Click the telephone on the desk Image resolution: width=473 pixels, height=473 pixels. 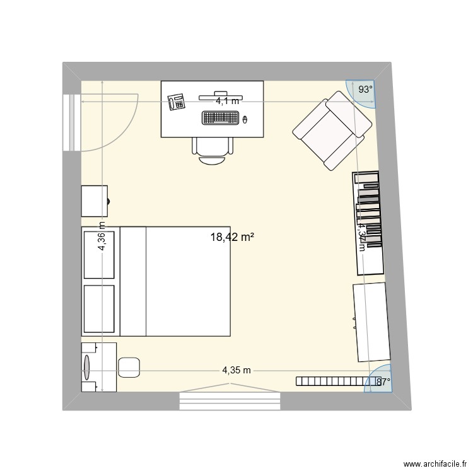176,101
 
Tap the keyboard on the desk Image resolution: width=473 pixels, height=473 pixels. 221,117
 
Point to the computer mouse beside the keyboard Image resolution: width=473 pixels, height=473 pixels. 245,118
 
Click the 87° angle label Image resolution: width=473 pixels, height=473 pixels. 383,381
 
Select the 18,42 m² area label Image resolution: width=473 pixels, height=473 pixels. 232,237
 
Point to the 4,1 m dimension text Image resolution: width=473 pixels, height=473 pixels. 228,100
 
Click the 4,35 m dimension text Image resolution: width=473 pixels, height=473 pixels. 237,370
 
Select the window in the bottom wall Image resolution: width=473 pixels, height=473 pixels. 230,400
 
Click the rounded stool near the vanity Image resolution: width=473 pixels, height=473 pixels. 129,367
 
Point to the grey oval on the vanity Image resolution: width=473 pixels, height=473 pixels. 86,365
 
